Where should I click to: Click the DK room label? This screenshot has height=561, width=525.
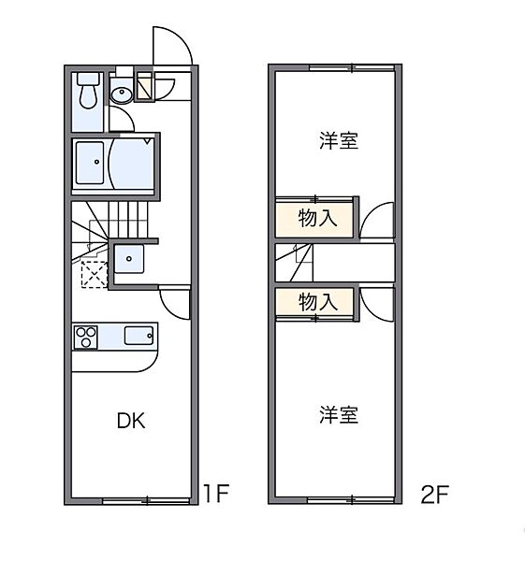[131, 421]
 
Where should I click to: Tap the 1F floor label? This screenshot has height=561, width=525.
[216, 494]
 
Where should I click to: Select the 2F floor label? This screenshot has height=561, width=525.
[434, 494]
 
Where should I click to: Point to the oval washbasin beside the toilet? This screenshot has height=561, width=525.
[122, 93]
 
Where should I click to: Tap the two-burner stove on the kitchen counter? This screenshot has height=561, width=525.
[86, 336]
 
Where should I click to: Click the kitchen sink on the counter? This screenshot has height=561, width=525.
[138, 335]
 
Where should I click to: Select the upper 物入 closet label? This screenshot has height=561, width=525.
[317, 219]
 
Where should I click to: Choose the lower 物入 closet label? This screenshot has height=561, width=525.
[317, 302]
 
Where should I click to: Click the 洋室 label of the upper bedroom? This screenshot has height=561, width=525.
[338, 142]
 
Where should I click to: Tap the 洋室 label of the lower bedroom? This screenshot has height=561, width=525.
[338, 415]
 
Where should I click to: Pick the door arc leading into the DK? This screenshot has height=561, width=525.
[174, 301]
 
